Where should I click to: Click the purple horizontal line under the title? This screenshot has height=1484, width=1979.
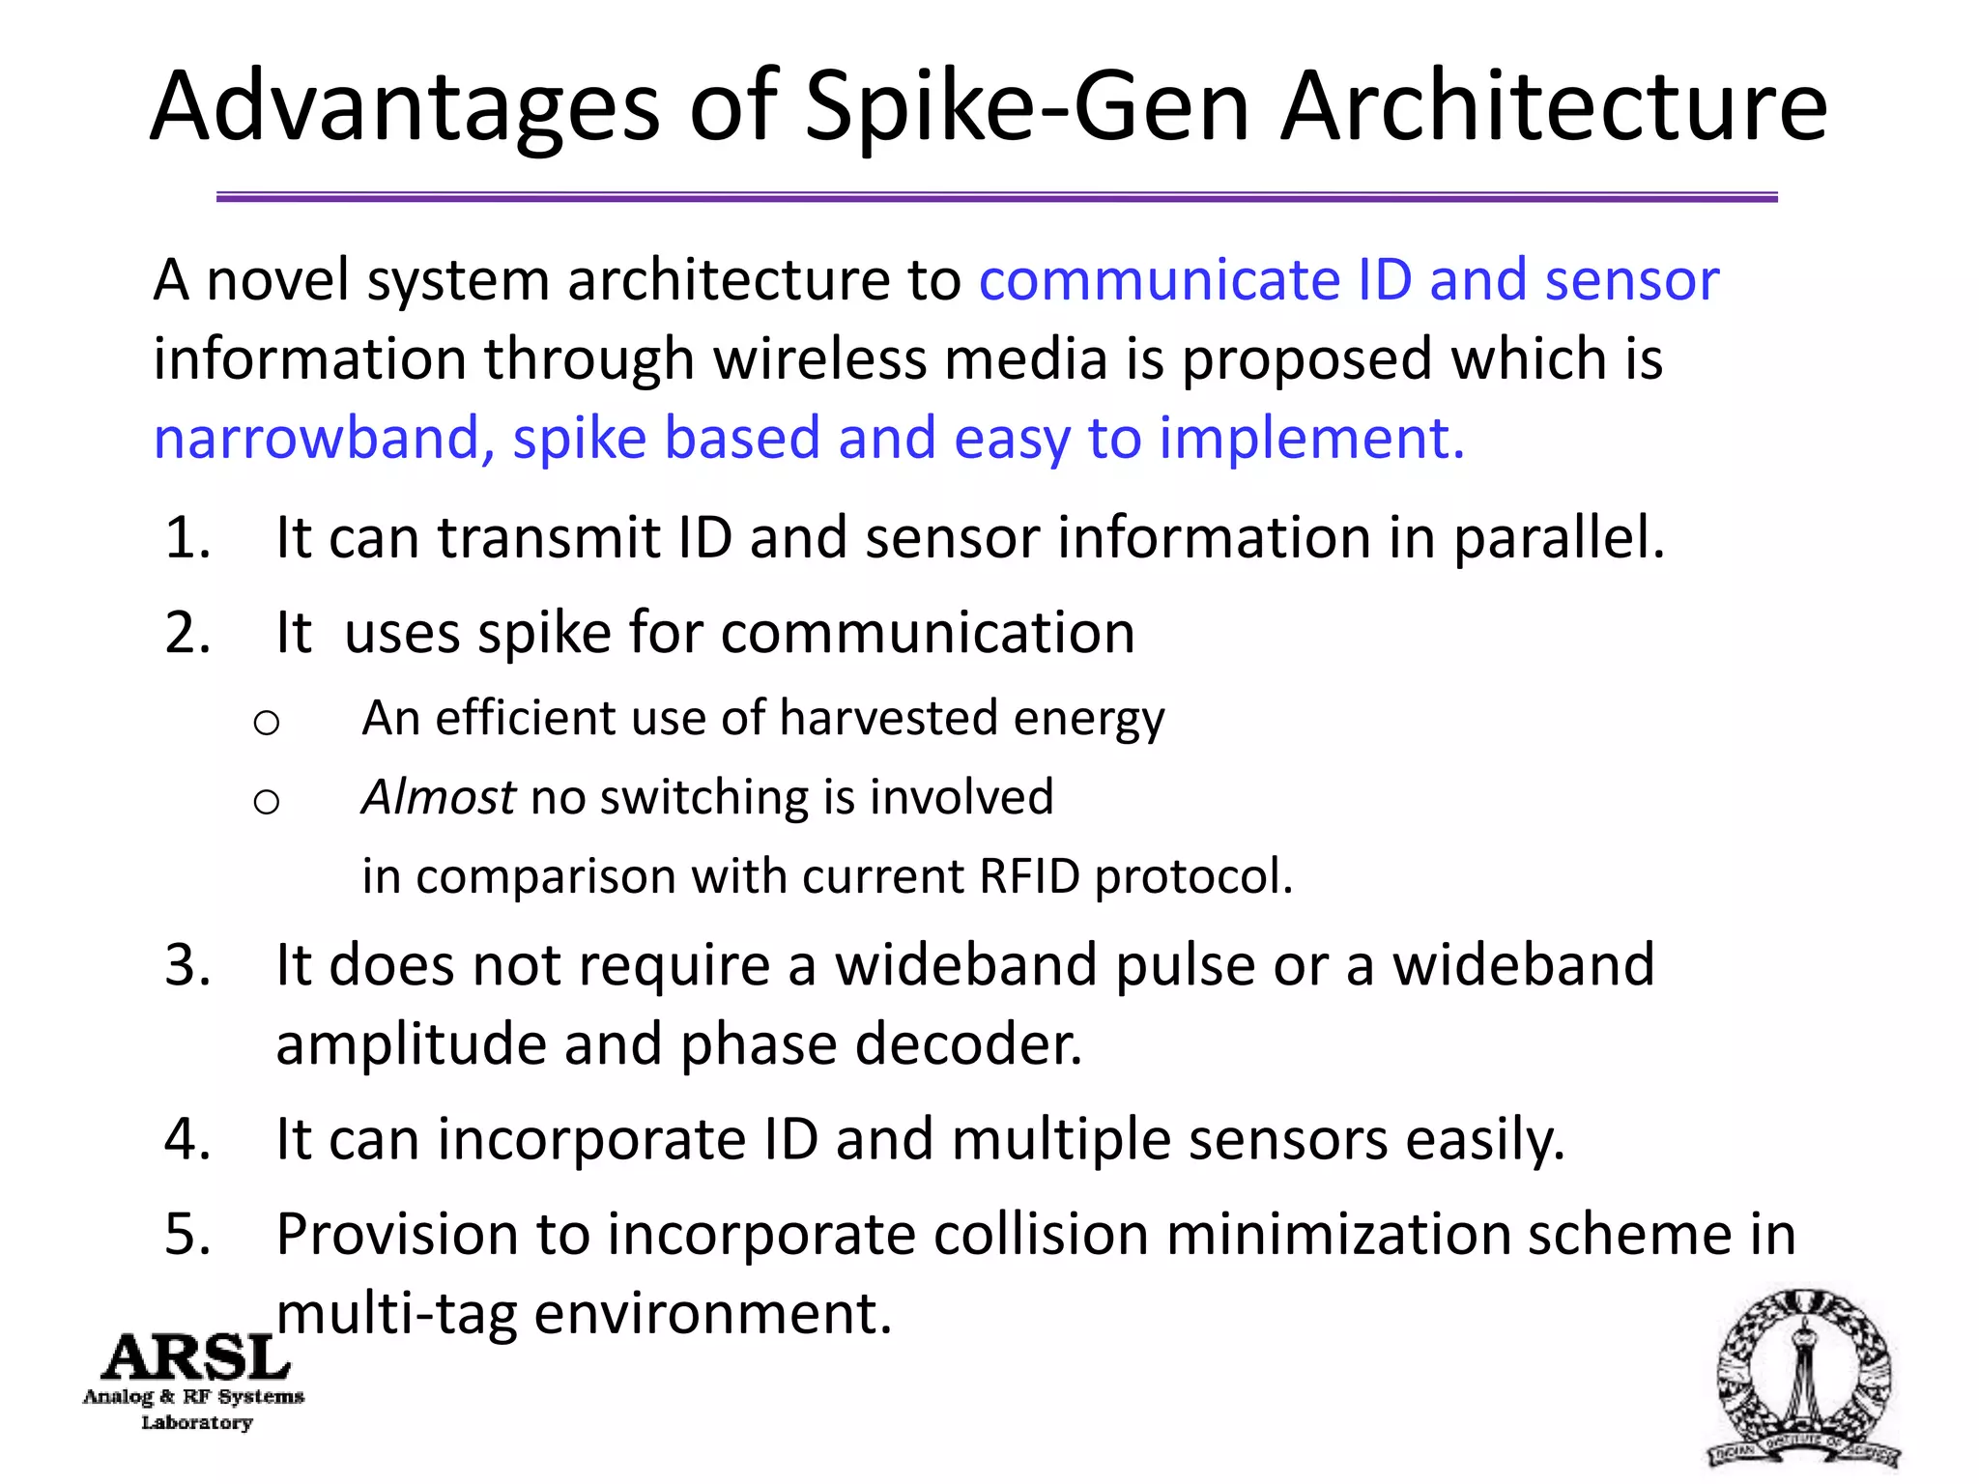pyautogui.click(x=995, y=197)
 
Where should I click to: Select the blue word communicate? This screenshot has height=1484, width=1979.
pyautogui.click(x=1158, y=280)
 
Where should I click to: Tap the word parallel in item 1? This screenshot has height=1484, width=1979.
pyautogui.click(x=1558, y=538)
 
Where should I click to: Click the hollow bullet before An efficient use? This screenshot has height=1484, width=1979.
pyautogui.click(x=266, y=722)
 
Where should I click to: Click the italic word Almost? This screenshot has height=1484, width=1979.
pyautogui.click(x=438, y=798)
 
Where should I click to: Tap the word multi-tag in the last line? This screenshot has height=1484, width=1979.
pyautogui.click(x=396, y=1315)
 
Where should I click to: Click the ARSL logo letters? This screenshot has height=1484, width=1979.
pyautogui.click(x=196, y=1358)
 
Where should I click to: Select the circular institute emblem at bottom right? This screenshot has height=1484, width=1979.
pyautogui.click(x=1803, y=1377)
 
